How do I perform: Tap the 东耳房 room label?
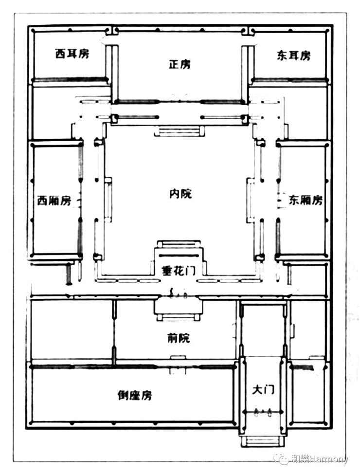[293, 55]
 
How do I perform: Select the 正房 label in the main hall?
[180, 64]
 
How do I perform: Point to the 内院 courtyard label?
[180, 193]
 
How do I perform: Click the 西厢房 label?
[54, 201]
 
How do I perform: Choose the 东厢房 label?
[306, 200]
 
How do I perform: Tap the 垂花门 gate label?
[178, 271]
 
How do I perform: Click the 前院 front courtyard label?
[179, 338]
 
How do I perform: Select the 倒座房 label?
[134, 395]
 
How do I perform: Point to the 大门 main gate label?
[263, 389]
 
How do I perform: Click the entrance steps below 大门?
[263, 441]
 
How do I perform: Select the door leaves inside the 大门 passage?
[263, 412]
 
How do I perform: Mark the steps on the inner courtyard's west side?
[108, 200]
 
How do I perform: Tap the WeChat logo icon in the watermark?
[282, 458]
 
